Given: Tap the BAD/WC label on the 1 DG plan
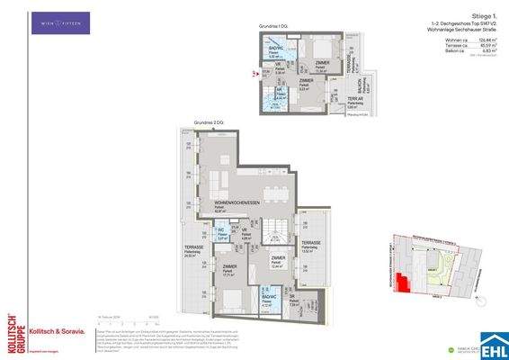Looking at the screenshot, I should (x=278, y=49).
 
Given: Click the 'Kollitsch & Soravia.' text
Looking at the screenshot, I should (x=58, y=332).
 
